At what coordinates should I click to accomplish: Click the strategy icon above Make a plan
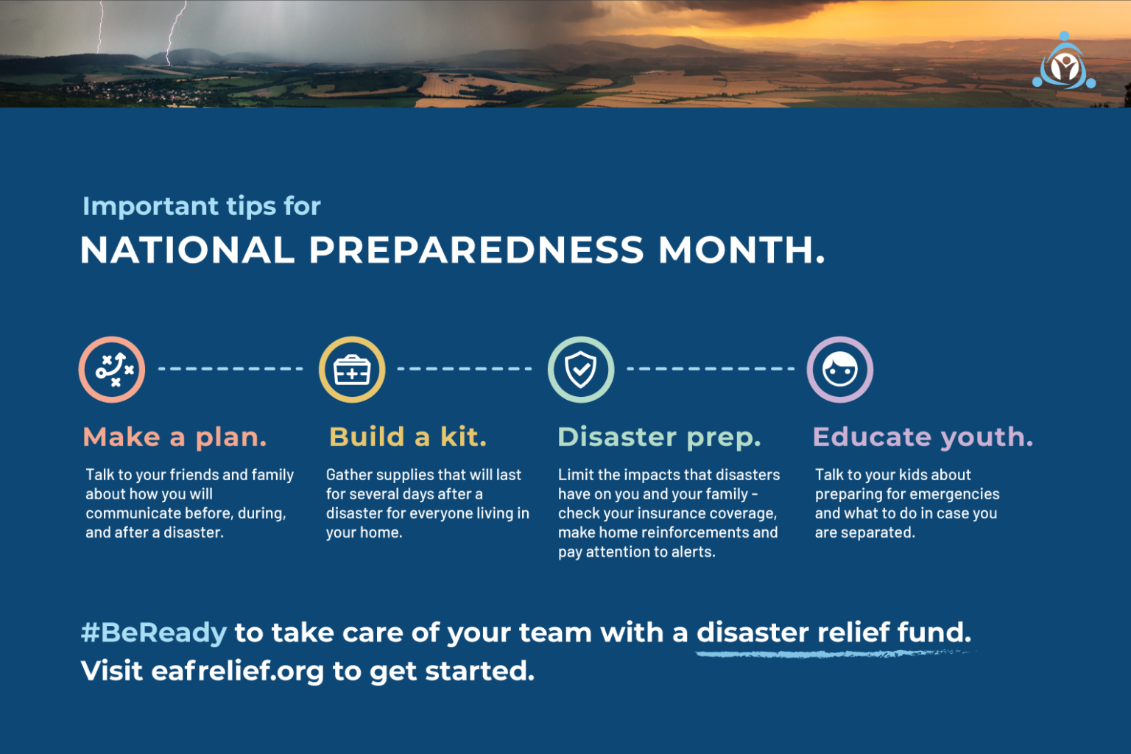tap(112, 370)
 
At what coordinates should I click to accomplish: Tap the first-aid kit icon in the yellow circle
tap(352, 370)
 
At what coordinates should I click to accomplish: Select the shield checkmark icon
tap(581, 370)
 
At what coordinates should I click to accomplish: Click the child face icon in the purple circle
tap(840, 370)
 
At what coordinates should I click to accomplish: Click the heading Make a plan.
tap(175, 437)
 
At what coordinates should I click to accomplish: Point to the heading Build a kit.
tap(408, 437)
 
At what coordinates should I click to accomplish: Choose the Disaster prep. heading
tap(659, 437)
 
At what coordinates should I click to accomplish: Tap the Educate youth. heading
tap(923, 437)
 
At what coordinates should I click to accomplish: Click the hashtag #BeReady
tap(154, 633)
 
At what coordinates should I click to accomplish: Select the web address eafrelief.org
tap(238, 672)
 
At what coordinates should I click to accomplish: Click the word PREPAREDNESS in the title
tap(476, 250)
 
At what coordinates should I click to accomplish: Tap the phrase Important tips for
tap(202, 207)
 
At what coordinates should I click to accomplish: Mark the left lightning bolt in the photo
tap(100, 29)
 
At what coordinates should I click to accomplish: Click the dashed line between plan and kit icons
tap(230, 369)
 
